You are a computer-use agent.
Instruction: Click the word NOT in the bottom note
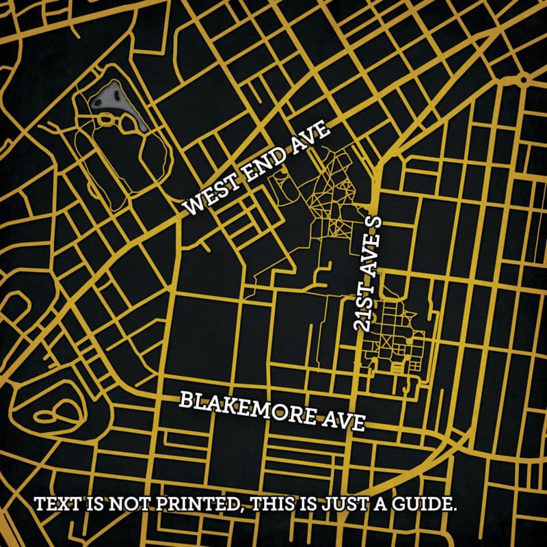click(121, 506)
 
